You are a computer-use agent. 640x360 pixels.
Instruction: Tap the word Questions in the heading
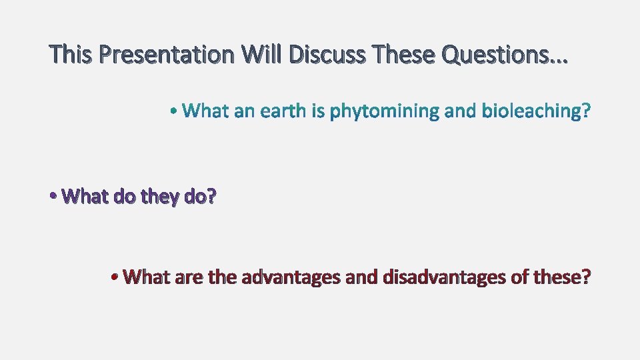[492, 55]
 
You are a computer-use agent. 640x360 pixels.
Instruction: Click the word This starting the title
[72, 55]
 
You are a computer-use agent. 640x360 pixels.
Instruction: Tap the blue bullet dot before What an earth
[173, 111]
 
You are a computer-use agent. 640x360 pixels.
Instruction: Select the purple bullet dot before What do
[53, 197]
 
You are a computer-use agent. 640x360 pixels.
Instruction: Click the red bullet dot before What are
[115, 277]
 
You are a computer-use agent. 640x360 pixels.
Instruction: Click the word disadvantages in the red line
[444, 277]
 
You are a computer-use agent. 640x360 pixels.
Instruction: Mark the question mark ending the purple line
[211, 197]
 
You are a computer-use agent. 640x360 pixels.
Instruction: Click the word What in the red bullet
[147, 277]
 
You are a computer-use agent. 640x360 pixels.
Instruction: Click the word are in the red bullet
[189, 277]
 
